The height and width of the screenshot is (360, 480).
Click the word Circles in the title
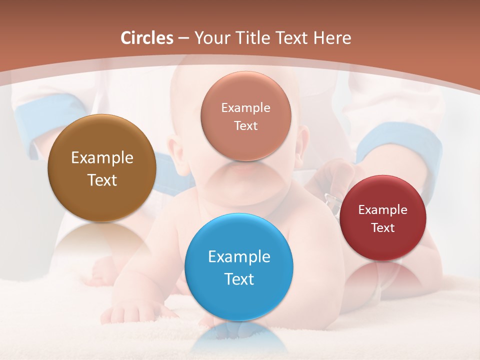tap(147, 38)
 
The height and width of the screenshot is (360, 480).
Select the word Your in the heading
tap(210, 38)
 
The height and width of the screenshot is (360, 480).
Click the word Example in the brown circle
tap(102, 158)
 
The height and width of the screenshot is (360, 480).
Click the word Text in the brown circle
tap(102, 180)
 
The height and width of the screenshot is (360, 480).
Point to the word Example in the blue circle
tap(239, 257)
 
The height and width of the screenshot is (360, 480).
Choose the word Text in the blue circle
tap(239, 279)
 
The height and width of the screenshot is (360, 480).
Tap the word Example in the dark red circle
tap(383, 210)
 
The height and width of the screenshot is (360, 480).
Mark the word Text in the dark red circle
tap(383, 228)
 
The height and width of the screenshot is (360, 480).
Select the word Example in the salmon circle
tap(245, 108)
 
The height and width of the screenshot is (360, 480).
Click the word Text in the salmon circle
tap(245, 126)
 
